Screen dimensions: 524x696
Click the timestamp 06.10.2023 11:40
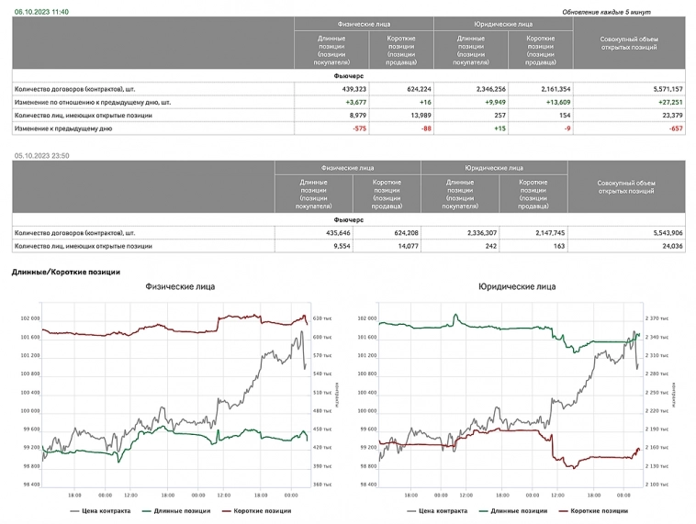(x=40, y=11)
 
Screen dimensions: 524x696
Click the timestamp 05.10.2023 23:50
(x=41, y=156)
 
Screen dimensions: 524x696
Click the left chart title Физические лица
(x=180, y=286)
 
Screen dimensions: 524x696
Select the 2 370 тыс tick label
(x=657, y=318)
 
